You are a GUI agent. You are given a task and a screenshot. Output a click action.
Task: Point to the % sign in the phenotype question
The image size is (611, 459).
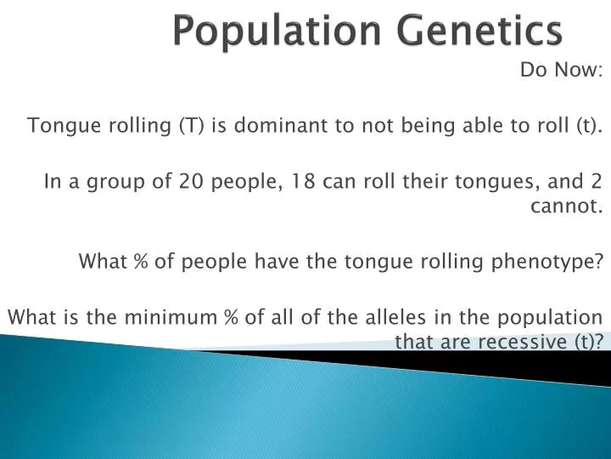click(x=141, y=262)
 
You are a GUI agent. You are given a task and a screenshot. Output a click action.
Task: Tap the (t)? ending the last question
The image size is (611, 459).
click(x=590, y=342)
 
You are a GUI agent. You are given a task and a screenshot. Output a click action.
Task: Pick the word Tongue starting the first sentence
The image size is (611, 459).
click(x=54, y=127)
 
